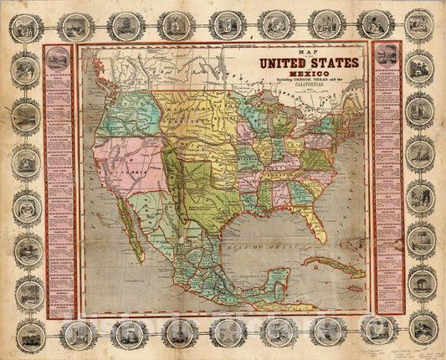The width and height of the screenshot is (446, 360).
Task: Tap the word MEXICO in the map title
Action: tap(309, 74)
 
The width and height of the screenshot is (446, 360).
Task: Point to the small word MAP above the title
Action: tap(309, 52)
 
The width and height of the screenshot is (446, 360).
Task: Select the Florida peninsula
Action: tap(317, 223)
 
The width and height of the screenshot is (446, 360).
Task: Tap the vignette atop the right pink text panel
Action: tap(386, 55)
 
